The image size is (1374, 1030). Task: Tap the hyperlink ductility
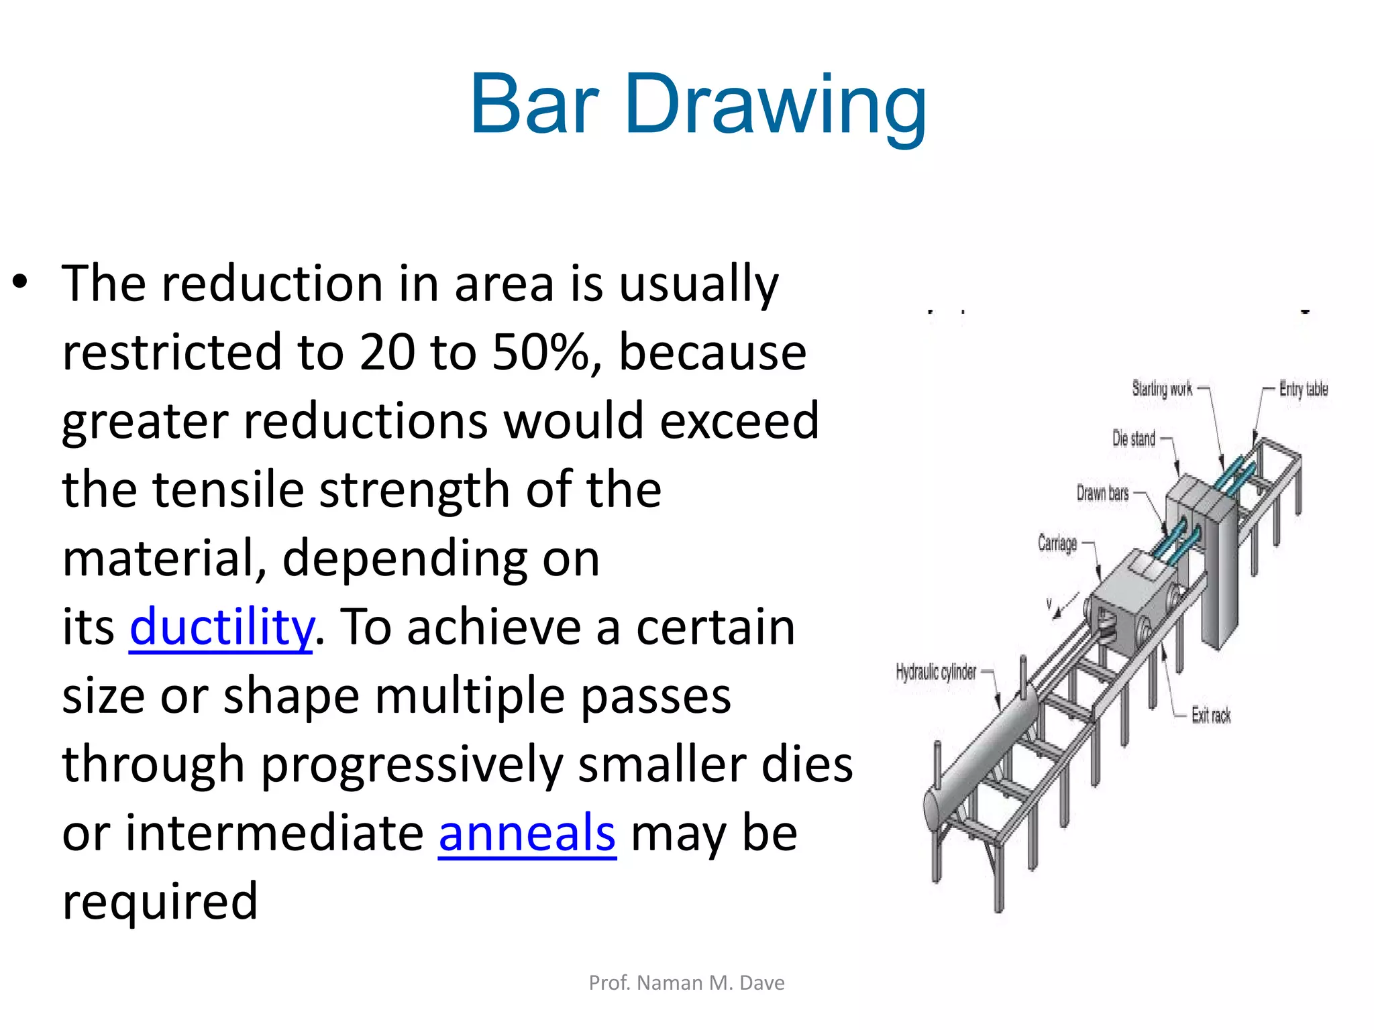[221, 628]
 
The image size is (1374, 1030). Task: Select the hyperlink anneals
[527, 834]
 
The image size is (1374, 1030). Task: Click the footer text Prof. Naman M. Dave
[686, 983]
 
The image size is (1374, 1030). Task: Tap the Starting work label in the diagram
[1162, 388]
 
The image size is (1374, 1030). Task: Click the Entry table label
[1303, 389]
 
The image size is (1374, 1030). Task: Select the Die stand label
[1134, 439]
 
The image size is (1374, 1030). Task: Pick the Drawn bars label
[1102, 494]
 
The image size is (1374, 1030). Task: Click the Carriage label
[1057, 542]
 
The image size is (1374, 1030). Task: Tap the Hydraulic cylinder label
[936, 672]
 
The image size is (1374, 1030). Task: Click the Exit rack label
[1211, 716]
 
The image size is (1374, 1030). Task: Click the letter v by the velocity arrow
[1049, 604]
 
